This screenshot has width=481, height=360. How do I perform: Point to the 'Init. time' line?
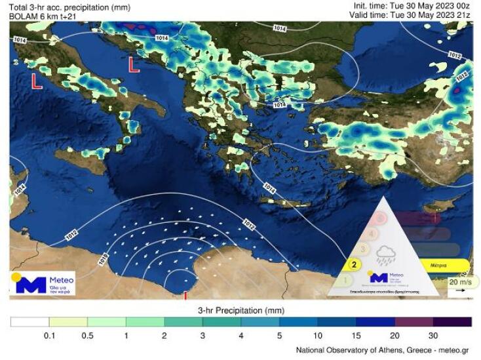point(410,6)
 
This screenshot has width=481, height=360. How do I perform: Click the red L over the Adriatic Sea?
point(134,64)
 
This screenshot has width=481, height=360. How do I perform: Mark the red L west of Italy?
point(37,81)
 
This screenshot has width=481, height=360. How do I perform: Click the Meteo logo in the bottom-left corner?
point(43,283)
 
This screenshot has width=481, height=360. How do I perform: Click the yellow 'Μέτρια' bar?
point(440,266)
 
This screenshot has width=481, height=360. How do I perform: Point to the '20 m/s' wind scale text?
point(458,282)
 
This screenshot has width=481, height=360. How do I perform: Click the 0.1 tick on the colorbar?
point(48,335)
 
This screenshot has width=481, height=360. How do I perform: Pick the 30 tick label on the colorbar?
point(433,335)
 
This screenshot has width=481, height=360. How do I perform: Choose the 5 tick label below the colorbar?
point(279,335)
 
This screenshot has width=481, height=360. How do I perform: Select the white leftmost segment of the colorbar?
point(29,321)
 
